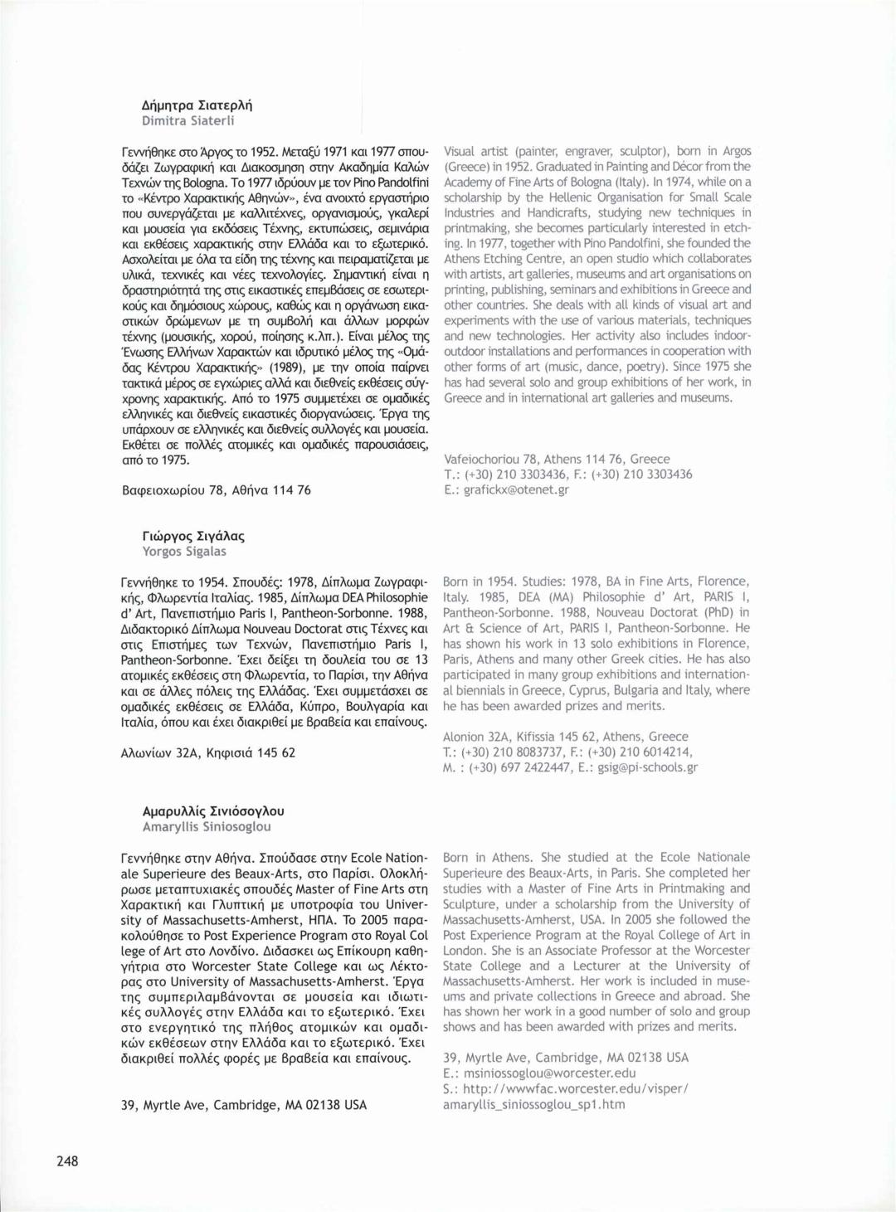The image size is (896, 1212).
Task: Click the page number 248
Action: click(x=67, y=1161)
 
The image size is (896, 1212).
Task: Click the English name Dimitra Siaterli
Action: click(x=188, y=120)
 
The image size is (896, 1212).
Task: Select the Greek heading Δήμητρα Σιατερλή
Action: click(x=197, y=105)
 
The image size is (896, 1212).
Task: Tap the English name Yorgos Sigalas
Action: click(x=184, y=551)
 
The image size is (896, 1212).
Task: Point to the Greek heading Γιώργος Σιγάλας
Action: click(x=193, y=536)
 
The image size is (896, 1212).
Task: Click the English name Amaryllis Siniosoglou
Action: click(x=207, y=826)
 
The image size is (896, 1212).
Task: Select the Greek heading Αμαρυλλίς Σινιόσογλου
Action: click(x=213, y=811)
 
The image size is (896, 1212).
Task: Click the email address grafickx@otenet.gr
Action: click(x=516, y=489)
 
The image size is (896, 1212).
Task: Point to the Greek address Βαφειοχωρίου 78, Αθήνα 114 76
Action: click(x=216, y=490)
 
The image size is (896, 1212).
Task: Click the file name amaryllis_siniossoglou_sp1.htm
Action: click(x=533, y=1104)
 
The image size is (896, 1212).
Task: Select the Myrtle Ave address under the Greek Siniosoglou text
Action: click(x=243, y=1105)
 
